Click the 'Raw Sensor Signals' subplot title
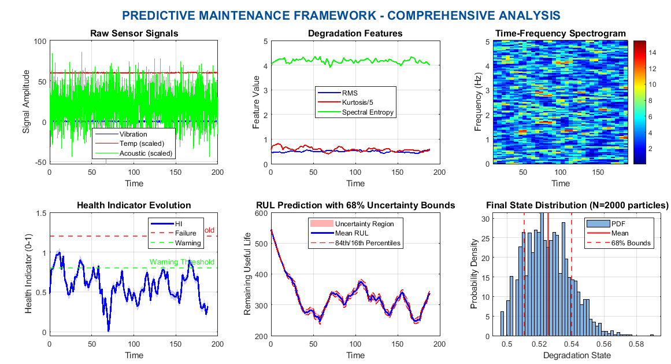[x=134, y=34]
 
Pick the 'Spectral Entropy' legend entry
[x=368, y=112]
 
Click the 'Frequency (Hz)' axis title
[x=478, y=102]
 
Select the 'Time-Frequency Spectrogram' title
[x=560, y=34]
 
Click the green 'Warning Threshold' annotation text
[x=182, y=262]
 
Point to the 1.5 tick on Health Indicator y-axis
[x=40, y=214]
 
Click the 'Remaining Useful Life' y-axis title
[x=247, y=275]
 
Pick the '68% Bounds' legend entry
[x=631, y=243]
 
